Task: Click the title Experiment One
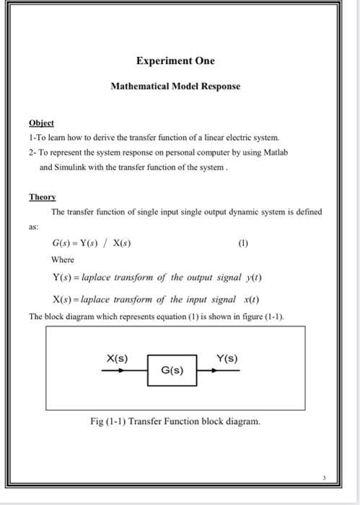pyautogui.click(x=176, y=61)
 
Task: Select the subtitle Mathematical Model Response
pyautogui.click(x=175, y=86)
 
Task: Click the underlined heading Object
pyautogui.click(x=41, y=123)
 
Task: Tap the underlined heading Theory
pyautogui.click(x=42, y=196)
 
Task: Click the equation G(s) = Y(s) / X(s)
pyautogui.click(x=91, y=243)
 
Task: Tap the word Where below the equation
pyautogui.click(x=63, y=259)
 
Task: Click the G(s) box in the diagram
pyautogui.click(x=172, y=371)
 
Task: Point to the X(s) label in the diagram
pyautogui.click(x=117, y=358)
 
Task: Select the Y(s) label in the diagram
pyautogui.click(x=227, y=358)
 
